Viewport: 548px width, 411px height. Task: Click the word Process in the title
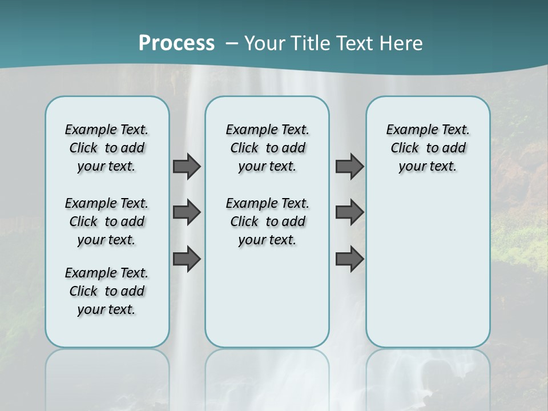tap(176, 43)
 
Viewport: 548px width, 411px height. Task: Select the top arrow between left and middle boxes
tap(187, 166)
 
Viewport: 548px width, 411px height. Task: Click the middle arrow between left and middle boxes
tap(187, 212)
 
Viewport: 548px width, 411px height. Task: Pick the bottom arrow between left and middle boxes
tap(187, 259)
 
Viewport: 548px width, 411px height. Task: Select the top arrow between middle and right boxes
tap(349, 166)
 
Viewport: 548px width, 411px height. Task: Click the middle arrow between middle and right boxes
tap(349, 212)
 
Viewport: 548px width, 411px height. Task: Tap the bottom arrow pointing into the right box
tap(349, 259)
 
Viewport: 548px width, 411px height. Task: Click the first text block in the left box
tap(107, 148)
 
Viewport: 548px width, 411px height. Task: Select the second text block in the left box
tap(107, 221)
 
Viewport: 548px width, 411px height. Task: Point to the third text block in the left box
tap(107, 291)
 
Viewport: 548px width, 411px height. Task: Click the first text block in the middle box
tap(267, 148)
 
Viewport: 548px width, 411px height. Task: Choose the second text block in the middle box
tap(267, 221)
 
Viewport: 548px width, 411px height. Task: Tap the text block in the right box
tap(428, 148)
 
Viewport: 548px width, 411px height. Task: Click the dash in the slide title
tap(232, 43)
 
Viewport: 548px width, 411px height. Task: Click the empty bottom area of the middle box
tap(267, 303)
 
